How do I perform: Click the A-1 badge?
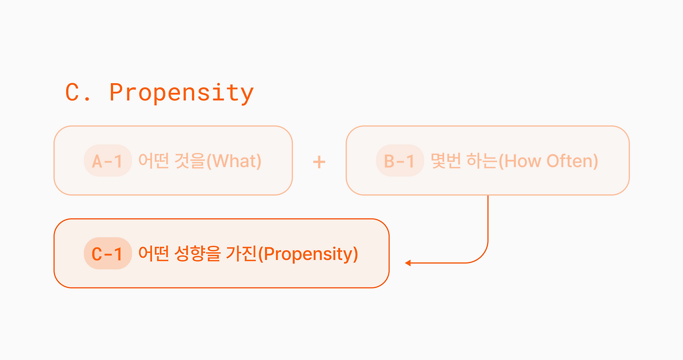point(108,161)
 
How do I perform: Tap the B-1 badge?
point(400,161)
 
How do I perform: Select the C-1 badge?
point(108,253)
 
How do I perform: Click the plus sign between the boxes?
point(319,162)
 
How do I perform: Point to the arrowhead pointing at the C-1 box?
point(408,263)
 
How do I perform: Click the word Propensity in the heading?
point(181,93)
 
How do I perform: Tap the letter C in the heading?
point(72,92)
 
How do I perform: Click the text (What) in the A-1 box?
point(234,161)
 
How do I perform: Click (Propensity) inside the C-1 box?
point(308,254)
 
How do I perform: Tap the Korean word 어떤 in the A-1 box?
point(154,161)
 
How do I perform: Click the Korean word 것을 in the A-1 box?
point(189,161)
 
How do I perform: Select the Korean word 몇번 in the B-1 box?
point(446,161)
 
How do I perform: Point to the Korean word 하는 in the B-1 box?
point(482,161)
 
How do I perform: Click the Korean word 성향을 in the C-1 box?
point(197,254)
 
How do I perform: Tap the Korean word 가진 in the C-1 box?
point(241,254)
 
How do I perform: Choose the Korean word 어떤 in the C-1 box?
point(154,254)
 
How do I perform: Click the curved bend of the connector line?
point(481,257)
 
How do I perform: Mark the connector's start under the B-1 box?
point(488,196)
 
